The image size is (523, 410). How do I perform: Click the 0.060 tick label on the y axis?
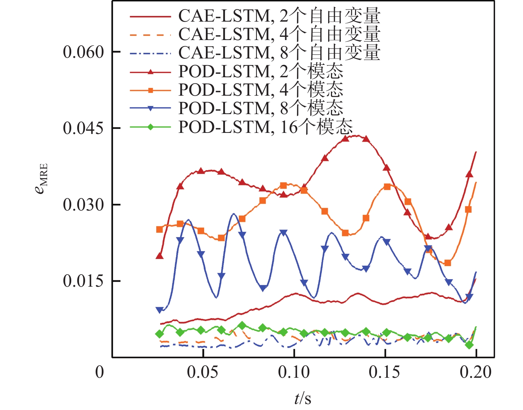pos(83,52)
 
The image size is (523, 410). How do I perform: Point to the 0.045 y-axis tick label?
pos(83,128)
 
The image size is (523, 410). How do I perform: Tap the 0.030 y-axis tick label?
pos(83,205)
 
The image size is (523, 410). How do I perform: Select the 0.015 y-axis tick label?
pos(83,281)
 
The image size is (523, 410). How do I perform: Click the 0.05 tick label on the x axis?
pos(203,372)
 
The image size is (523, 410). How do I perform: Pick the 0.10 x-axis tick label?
pos(294,372)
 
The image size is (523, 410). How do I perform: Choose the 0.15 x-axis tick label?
pos(384,372)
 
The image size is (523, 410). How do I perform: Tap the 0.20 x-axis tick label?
pos(476,372)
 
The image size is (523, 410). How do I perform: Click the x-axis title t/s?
pos(303,399)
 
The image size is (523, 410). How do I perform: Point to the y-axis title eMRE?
pos(41,179)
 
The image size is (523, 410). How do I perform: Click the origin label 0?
pos(100,372)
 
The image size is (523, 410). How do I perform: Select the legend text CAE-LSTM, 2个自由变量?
pos(279,16)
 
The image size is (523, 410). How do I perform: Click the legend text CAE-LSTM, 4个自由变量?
pos(279,34)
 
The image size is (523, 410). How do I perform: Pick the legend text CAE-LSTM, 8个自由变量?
pos(279,53)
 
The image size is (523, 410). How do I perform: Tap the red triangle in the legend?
pos(151,72)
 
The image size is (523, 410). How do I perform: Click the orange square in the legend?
pos(151,90)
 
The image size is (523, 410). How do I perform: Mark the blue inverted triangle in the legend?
pos(151,109)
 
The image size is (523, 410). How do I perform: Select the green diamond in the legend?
pos(151,127)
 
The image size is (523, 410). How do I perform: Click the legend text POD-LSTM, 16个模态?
pos(265,127)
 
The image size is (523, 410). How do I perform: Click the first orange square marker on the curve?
pos(159,230)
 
